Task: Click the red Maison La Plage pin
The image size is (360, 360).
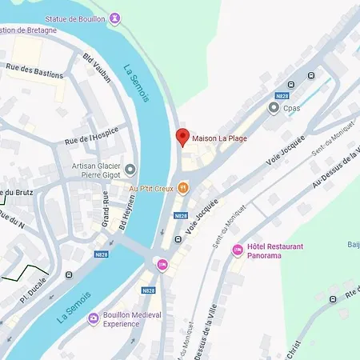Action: coord(182,137)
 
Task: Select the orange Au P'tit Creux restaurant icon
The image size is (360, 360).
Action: coord(183,188)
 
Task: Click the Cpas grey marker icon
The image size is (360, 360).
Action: coord(274,107)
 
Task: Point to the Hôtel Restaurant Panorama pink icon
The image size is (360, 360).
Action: coord(237,251)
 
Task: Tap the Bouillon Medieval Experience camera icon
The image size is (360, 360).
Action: coord(94,319)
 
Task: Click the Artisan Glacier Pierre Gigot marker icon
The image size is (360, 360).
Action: coord(130,170)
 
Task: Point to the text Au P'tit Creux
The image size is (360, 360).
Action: coord(151,189)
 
